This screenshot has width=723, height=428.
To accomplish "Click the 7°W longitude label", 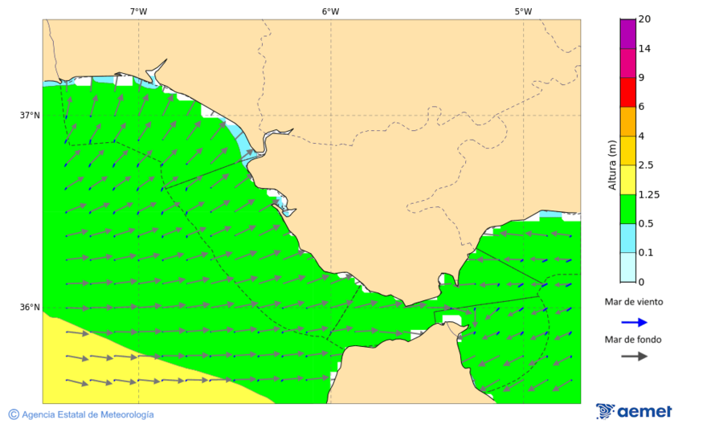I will (x=138, y=11).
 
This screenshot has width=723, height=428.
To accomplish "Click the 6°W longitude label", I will (x=330, y=11).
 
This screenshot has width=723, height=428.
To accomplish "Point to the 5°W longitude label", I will (x=523, y=11).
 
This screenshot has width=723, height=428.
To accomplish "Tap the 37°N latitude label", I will (x=30, y=116).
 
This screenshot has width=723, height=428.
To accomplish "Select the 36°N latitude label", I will (x=30, y=308).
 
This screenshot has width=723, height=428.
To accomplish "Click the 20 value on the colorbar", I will (x=644, y=19).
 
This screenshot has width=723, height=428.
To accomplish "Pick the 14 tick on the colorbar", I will (x=644, y=48).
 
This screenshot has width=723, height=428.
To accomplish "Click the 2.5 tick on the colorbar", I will (x=646, y=165).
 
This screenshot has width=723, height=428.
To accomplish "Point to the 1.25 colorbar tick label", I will (x=647, y=194).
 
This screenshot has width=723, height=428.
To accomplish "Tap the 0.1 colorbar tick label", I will (x=646, y=253).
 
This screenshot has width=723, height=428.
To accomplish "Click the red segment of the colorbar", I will (x=627, y=92).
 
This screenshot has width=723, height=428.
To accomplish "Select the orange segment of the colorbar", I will (x=627, y=121).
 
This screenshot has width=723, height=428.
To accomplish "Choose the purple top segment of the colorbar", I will (x=627, y=33).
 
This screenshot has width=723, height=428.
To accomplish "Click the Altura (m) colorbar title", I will (x=612, y=165).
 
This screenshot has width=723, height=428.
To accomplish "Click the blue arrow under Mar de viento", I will (x=634, y=322).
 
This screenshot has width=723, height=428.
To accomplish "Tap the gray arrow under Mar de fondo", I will (x=634, y=356).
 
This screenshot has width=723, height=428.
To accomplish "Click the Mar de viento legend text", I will (x=634, y=302).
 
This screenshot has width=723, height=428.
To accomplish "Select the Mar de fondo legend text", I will (x=634, y=339).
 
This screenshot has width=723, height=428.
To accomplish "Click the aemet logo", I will (x=634, y=412).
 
